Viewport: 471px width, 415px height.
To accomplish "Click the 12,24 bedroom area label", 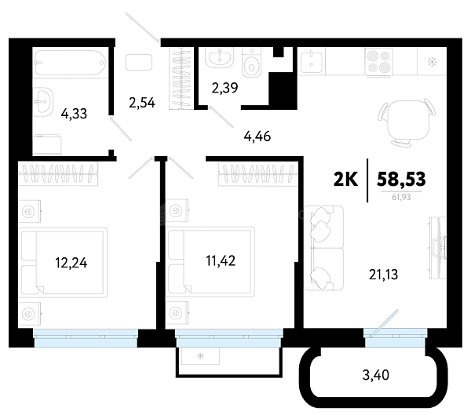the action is [x=71, y=263].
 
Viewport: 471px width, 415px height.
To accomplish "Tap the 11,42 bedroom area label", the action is [x=221, y=260].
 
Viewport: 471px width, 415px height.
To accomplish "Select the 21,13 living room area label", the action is [x=383, y=275].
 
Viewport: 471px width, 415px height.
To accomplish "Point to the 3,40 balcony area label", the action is [x=376, y=375].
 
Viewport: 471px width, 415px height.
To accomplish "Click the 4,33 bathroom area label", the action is [x=74, y=114].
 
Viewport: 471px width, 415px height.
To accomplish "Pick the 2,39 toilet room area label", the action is [x=225, y=88].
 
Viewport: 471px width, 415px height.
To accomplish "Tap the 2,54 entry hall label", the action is [x=142, y=103].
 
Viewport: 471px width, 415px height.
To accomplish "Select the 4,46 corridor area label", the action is [x=257, y=137].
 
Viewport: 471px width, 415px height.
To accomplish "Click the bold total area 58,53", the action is [x=401, y=180].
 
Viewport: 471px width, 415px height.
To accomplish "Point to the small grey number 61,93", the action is [x=401, y=197].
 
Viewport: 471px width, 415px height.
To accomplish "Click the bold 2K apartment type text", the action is [x=345, y=180].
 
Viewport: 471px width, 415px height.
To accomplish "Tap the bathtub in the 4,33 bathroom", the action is [x=70, y=63].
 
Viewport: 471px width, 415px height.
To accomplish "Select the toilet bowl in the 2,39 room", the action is [x=251, y=63].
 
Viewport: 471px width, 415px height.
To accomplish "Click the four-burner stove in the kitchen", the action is [x=379, y=61].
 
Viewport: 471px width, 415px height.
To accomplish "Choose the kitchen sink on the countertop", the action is [x=312, y=61].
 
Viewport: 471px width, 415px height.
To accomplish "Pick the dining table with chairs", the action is [x=407, y=122].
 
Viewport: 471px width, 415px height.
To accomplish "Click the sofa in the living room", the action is [x=323, y=248].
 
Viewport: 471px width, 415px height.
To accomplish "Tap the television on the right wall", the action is [x=438, y=248].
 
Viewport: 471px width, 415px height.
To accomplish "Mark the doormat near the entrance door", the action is [x=139, y=63].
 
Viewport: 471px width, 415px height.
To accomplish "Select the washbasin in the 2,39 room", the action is [x=220, y=57].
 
